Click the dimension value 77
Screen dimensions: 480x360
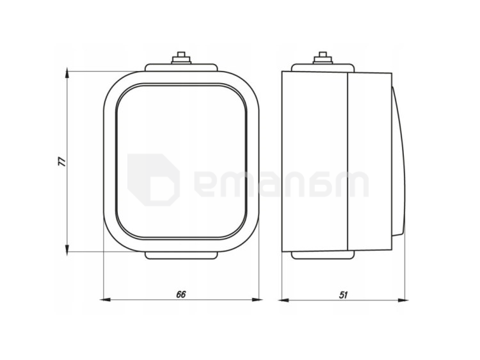63,162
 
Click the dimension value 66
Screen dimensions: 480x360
181,294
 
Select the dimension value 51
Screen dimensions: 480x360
343,295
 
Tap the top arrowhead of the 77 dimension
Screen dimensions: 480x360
67,73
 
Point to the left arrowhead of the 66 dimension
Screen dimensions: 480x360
106,300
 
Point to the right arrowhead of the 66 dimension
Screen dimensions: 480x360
257,300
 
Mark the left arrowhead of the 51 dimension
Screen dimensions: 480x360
284,301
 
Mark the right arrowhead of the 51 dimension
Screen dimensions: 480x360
403,301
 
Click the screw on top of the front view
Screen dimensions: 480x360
182,58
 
